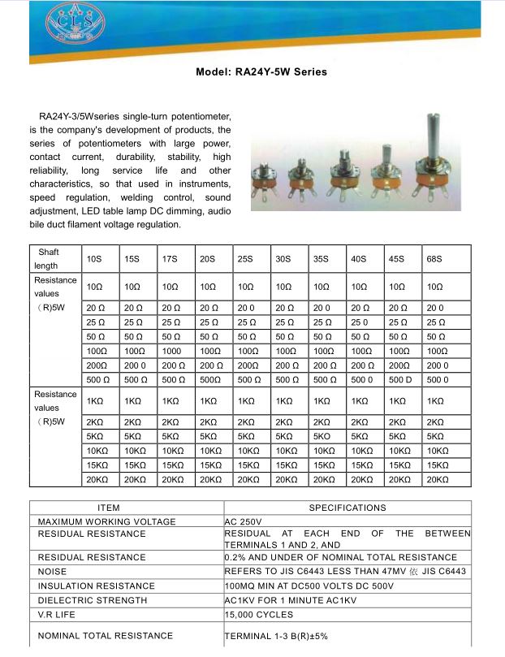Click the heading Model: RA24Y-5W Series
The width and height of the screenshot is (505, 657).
click(x=261, y=71)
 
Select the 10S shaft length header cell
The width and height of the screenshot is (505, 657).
click(x=94, y=258)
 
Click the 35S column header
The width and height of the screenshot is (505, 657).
click(x=321, y=258)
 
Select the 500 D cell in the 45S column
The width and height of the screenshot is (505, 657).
click(x=398, y=379)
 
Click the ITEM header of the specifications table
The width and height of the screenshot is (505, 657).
click(x=109, y=508)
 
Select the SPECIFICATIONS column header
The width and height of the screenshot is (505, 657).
click(x=347, y=508)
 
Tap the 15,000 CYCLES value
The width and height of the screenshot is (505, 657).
click(x=259, y=615)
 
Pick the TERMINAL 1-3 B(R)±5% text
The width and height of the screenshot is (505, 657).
click(x=275, y=635)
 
